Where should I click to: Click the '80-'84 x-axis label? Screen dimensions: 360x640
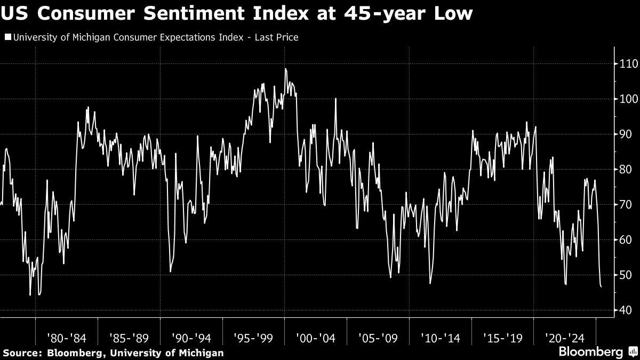pos(66,338)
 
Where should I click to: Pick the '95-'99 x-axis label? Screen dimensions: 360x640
pos(253,338)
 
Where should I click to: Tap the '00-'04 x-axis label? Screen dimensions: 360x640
pos(316,338)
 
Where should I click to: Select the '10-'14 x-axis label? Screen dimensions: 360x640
pos(441,338)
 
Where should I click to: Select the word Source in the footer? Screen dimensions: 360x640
pos(22,353)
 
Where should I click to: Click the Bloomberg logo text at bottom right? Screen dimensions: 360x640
pos(590,352)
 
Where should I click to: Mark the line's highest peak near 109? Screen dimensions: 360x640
pos(286,69)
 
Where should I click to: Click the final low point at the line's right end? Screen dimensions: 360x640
pos(602,287)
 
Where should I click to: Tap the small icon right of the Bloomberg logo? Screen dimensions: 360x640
pos(632,352)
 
